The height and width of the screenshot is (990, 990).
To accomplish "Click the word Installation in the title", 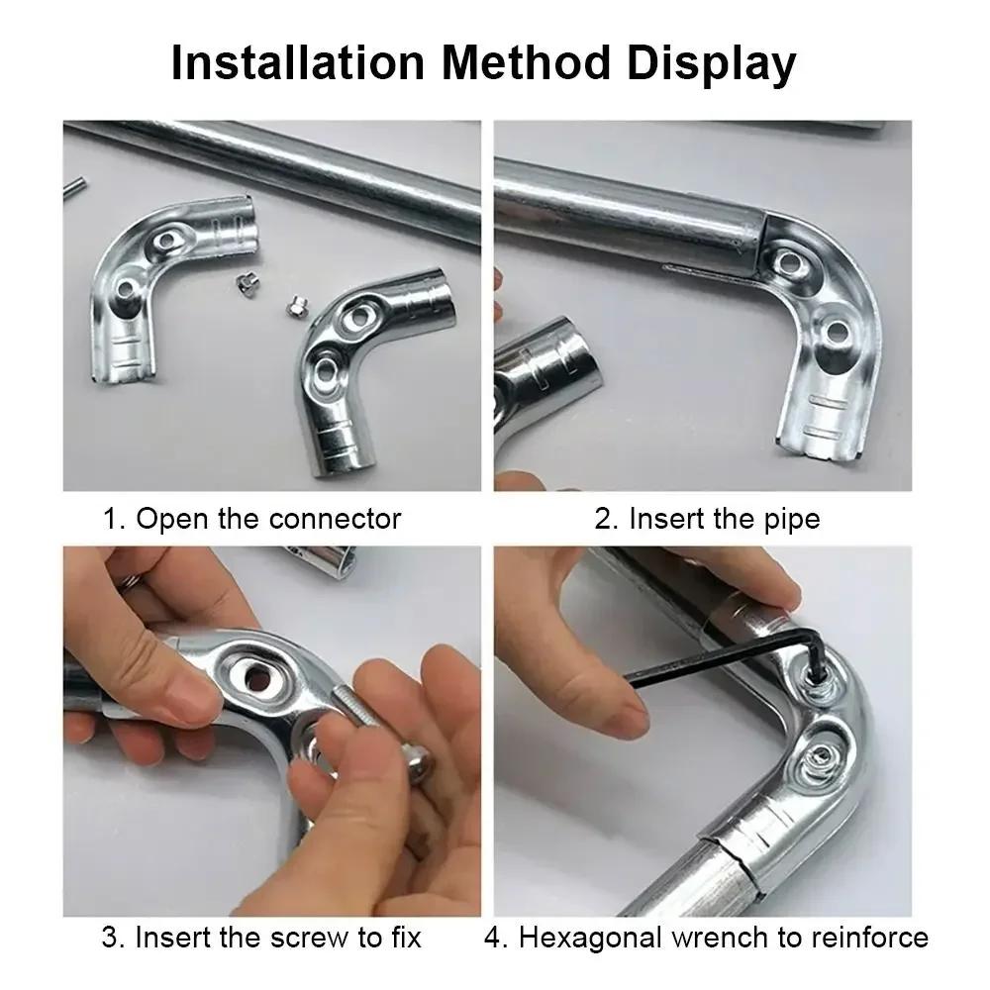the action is click(x=297, y=63).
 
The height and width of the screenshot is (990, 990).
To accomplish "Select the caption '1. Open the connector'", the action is click(x=252, y=518).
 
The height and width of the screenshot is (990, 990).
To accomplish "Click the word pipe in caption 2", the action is click(x=790, y=518).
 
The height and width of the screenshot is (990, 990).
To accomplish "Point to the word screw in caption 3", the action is click(x=298, y=937).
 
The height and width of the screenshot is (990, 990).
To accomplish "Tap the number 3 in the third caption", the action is click(x=109, y=937).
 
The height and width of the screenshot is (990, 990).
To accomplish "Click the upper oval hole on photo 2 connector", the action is click(x=789, y=263).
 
